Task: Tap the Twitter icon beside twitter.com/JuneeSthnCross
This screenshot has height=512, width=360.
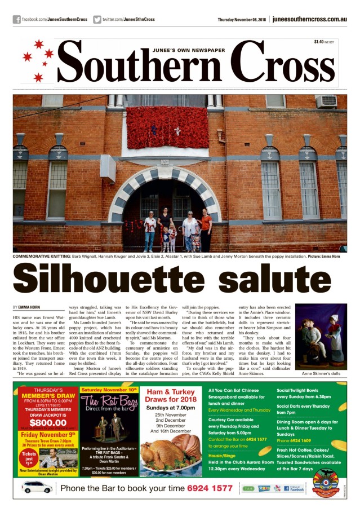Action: coord(97,19)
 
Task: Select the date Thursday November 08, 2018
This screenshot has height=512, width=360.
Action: coord(242,19)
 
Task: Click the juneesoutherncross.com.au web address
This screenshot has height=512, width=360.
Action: coord(309,19)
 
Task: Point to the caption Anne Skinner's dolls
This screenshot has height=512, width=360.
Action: coord(321,374)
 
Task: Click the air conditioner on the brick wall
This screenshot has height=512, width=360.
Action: coord(326,101)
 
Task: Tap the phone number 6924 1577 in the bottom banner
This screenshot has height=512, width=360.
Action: coord(210,488)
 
